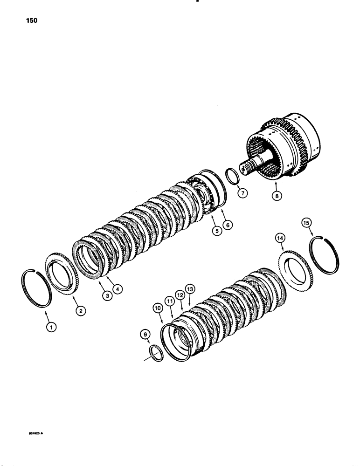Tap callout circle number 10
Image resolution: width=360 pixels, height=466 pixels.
coord(159,308)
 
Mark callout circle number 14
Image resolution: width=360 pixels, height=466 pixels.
coord(280,239)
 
